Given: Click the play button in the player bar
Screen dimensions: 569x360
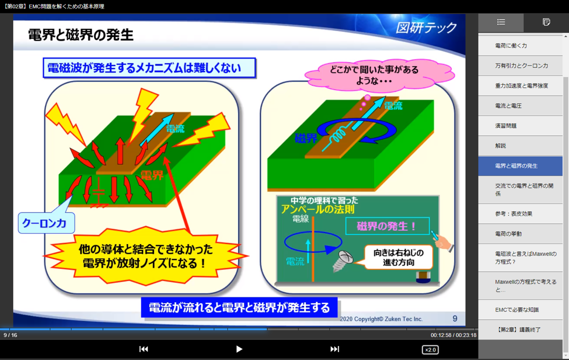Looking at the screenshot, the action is click(x=239, y=349).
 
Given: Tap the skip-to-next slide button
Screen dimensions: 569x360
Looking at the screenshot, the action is click(x=334, y=349).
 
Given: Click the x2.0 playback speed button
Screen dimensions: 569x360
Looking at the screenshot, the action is click(x=430, y=350).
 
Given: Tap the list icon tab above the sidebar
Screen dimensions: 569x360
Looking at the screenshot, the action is click(x=501, y=22).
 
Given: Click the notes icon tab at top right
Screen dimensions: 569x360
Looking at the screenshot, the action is click(x=546, y=22).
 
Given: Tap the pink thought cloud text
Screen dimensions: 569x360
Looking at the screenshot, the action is click(x=374, y=75).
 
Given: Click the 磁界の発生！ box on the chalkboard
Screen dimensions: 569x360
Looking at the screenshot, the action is click(x=387, y=226).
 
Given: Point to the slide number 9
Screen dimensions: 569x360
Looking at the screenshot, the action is click(x=454, y=318).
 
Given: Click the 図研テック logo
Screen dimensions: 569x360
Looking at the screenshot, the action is click(x=426, y=27).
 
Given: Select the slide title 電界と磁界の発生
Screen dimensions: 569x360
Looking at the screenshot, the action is click(x=80, y=35).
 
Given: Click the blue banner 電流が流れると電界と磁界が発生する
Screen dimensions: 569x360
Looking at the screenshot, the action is click(x=239, y=307).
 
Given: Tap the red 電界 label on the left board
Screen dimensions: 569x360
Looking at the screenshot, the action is click(x=152, y=175).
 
